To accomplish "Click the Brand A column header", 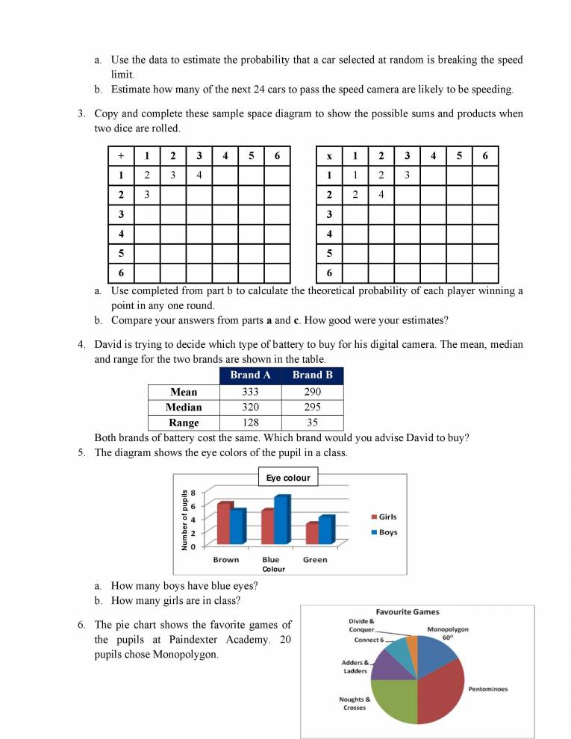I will point(250,375).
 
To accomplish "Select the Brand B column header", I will point(312,375).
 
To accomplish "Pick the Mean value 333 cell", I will point(250,392).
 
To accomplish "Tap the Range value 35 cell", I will point(312,422).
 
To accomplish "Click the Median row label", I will point(184,408).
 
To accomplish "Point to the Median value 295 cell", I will point(312,408).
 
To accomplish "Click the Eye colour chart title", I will point(287,478).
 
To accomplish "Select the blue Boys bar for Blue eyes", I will point(281,520).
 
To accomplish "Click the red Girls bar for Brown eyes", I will point(224,523).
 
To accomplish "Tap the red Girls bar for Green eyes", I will point(313,533).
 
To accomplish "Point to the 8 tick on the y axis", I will point(193,493).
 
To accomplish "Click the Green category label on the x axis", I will point(315,560).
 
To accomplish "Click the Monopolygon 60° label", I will point(448,634).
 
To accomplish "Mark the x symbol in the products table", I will point(329,156).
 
